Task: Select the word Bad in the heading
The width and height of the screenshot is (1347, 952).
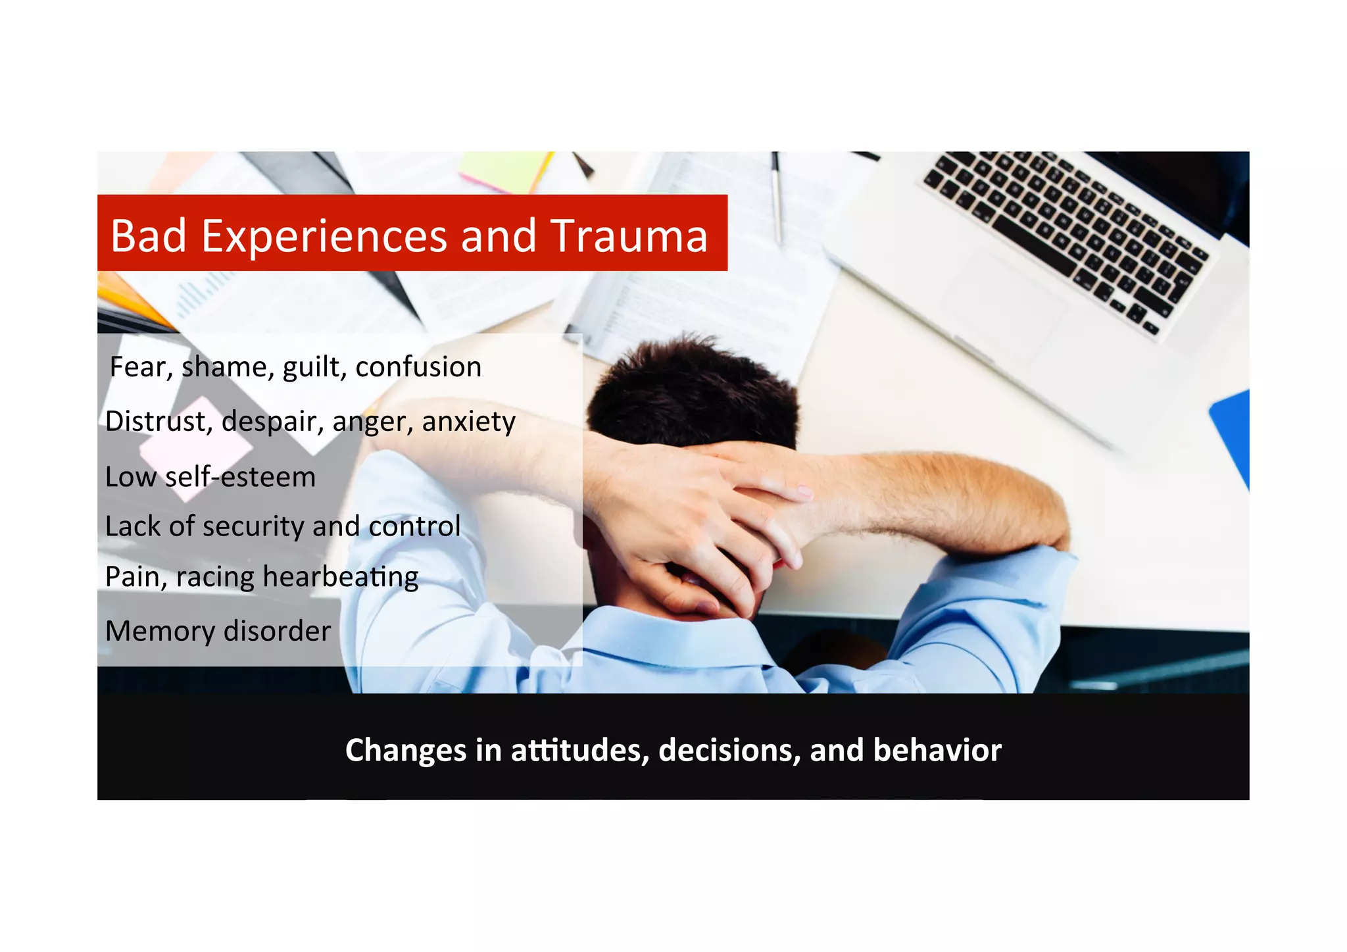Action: (148, 236)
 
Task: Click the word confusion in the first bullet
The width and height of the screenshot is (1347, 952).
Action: (418, 367)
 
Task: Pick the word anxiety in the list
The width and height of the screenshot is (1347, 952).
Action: (468, 422)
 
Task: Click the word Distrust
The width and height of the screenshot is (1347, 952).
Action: (155, 422)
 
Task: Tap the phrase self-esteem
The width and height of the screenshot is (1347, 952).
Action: (240, 477)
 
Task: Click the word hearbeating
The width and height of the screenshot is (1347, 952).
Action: (340, 577)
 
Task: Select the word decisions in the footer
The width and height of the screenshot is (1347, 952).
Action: (729, 750)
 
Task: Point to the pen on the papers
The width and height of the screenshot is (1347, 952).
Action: (777, 197)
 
